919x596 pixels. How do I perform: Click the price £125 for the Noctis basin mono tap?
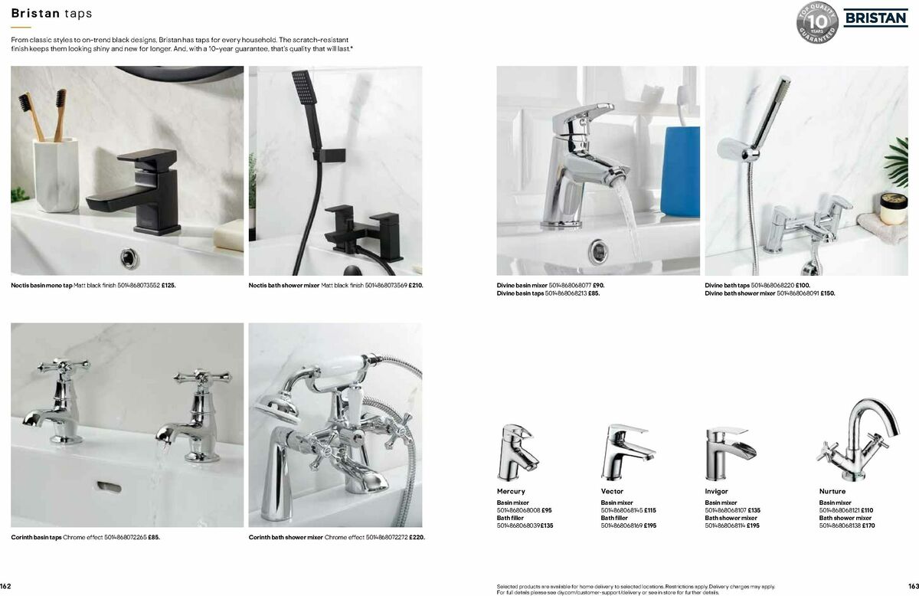(168, 285)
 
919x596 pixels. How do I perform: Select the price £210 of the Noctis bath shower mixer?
(415, 285)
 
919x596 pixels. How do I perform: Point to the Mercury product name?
(511, 491)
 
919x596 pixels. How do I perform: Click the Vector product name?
(612, 491)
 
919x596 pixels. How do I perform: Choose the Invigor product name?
(716, 491)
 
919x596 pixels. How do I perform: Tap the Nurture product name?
(832, 491)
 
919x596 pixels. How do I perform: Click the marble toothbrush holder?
(55, 172)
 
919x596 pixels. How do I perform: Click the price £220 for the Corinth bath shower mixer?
(417, 537)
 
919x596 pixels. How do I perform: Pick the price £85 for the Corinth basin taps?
(153, 537)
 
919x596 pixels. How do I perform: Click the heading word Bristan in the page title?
(35, 13)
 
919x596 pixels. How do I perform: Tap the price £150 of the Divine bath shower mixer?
(827, 293)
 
